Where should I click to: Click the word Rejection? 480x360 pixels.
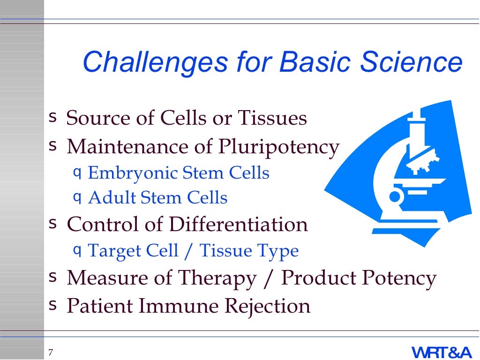coord(267,306)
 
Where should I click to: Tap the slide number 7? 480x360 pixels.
coord(51,352)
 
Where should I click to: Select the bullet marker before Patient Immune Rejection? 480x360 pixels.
coord(52,306)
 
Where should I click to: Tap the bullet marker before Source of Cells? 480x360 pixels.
coord(52,115)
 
